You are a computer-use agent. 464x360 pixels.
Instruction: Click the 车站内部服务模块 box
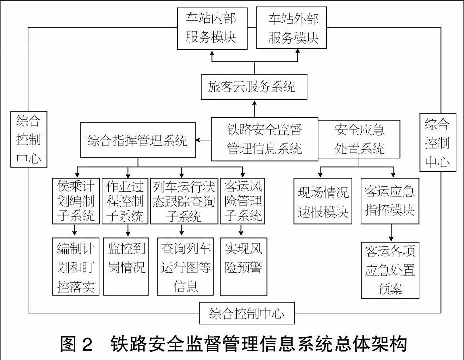tap(212, 28)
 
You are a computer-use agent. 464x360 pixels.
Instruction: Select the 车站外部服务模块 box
tap(291, 28)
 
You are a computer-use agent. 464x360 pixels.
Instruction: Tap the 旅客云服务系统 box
tap(254, 87)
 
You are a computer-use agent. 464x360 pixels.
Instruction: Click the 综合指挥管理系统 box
tap(138, 140)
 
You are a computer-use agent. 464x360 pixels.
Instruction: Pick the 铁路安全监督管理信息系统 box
tap(265, 139)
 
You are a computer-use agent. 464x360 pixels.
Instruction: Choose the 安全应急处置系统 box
tap(359, 139)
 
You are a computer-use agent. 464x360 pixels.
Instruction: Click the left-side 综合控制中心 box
tap(29, 139)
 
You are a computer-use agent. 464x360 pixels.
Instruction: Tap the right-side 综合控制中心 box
tap(438, 142)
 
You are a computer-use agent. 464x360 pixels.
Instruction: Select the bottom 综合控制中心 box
tap(247, 313)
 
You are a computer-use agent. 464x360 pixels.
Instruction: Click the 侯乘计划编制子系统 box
tap(76, 201)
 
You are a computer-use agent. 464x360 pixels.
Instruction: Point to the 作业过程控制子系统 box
tap(125, 201)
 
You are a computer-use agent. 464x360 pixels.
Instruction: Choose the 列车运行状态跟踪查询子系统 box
tap(184, 201)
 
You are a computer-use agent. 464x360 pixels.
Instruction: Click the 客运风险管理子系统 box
tap(242, 201)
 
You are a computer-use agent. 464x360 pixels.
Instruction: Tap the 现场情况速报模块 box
tap(323, 201)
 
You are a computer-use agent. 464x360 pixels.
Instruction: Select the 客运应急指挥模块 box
tap(390, 201)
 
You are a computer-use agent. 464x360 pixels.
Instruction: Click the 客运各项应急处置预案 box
tap(390, 270)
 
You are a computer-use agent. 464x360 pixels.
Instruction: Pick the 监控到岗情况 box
tap(126, 266)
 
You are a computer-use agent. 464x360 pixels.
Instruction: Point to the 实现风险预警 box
tap(244, 266)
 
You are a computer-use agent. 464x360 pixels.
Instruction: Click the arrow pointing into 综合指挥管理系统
tap(203, 140)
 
